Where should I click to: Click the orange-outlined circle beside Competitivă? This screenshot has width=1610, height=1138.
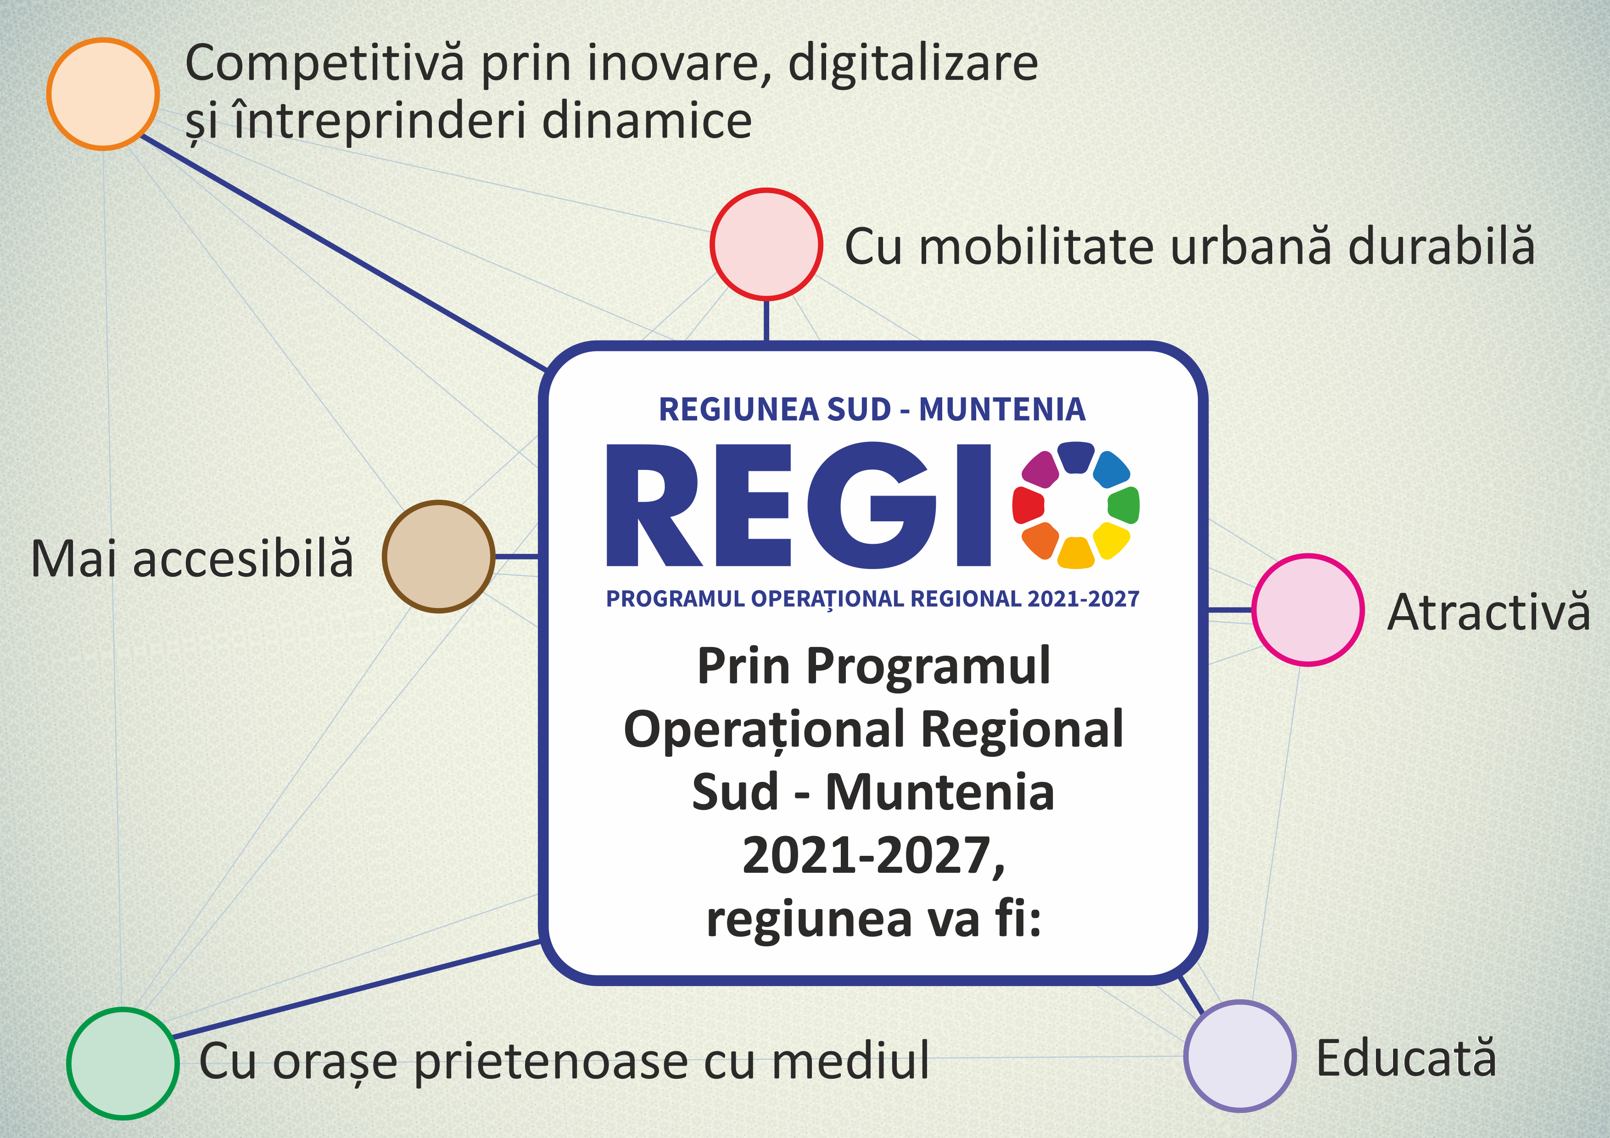coord(103,94)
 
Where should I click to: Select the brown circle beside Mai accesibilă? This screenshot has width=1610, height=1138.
coord(439,557)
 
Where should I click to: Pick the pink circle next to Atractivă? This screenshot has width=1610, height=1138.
coord(1308,610)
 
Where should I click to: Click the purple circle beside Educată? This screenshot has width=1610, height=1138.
coord(1240,1056)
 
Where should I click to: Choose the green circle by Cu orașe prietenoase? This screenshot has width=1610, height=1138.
coord(123,1063)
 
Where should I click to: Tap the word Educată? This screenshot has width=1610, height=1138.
coord(1406,1057)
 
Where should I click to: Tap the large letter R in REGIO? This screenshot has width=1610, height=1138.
coord(653,505)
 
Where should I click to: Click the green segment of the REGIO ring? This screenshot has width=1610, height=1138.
coord(1124,505)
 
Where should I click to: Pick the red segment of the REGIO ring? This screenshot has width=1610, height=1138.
coord(1029,505)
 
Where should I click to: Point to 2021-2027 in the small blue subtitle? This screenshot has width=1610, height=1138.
coord(1084,599)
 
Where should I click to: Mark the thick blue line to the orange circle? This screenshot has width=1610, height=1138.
coord(344,252)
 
